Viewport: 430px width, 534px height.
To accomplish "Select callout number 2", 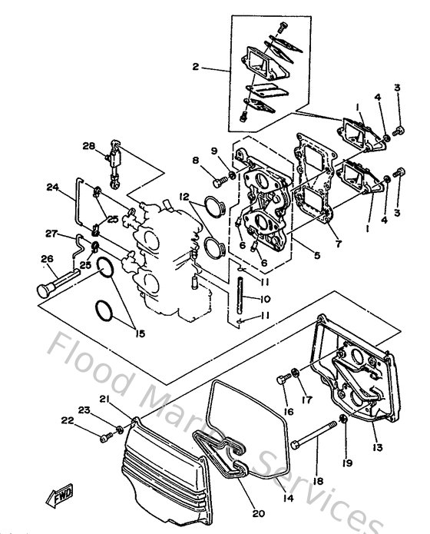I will tap(196, 68).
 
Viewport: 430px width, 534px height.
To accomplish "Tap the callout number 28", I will tap(89, 146).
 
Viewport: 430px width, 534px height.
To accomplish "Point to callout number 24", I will tap(52, 186).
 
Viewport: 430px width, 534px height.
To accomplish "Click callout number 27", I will tap(52, 234).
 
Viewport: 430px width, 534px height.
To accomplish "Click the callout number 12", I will tap(184, 197).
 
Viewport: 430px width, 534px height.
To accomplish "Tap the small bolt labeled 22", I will tap(105, 438).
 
